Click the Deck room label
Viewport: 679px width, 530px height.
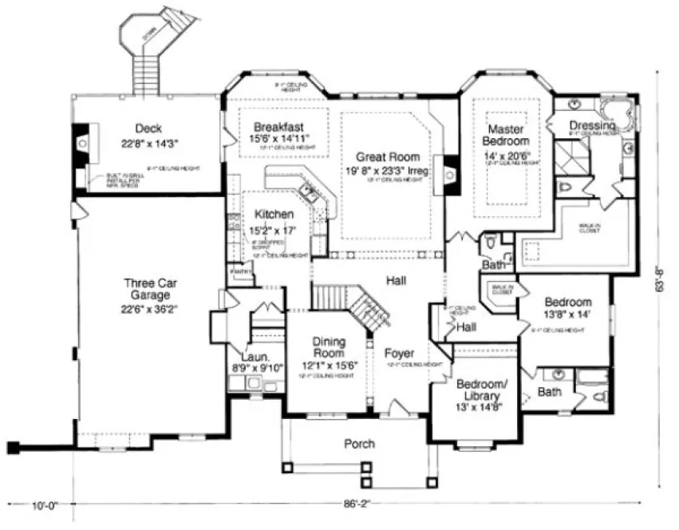pyautogui.click(x=148, y=129)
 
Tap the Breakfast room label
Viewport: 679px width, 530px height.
pyautogui.click(x=278, y=128)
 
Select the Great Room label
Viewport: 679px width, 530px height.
pyautogui.click(x=388, y=157)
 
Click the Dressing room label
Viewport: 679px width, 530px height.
pyautogui.click(x=592, y=126)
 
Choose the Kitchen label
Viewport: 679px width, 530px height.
pyautogui.click(x=274, y=215)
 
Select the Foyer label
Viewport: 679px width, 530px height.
pyautogui.click(x=398, y=353)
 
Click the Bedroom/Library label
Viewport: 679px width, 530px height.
pyautogui.click(x=479, y=390)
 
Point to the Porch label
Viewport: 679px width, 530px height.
pyautogui.click(x=359, y=444)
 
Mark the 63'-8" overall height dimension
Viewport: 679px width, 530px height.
pyautogui.click(x=661, y=282)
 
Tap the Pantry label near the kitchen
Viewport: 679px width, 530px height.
pyautogui.click(x=241, y=272)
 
